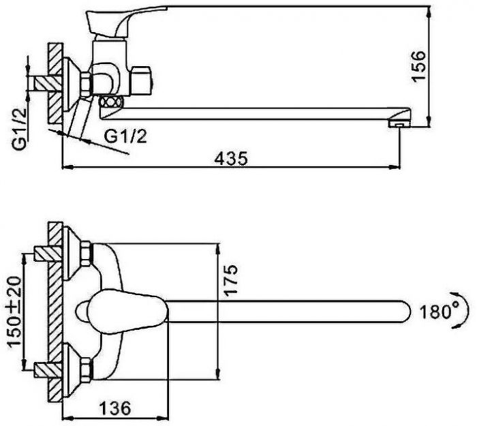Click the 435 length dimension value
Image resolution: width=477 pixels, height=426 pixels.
[231, 158]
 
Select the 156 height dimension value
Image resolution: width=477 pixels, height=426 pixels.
[418, 66]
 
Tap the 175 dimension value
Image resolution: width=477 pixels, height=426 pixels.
[230, 280]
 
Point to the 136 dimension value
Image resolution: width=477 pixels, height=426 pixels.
[115, 408]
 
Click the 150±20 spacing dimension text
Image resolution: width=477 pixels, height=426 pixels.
[14, 311]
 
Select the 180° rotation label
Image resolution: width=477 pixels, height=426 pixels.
[435, 311]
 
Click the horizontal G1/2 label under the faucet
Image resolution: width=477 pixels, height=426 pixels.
[125, 136]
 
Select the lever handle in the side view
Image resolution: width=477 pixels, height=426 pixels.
[122, 20]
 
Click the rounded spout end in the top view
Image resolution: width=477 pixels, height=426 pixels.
[405, 311]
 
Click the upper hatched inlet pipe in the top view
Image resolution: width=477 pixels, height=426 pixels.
[48, 254]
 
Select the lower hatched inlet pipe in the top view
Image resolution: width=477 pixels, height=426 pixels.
[48, 369]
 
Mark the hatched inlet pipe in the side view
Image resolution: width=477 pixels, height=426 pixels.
[48, 83]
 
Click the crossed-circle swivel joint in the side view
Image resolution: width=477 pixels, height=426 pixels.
[112, 102]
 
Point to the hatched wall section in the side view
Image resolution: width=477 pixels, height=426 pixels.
[55, 82]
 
